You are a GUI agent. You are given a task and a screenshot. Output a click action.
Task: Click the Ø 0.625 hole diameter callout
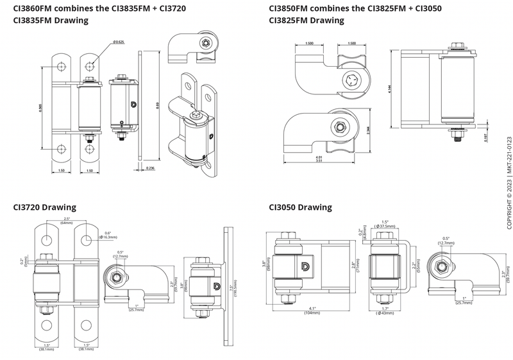[118, 42]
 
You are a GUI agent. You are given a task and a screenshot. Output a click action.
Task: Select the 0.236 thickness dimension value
[150, 168]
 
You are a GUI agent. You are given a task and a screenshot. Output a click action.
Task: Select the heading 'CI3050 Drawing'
[300, 207]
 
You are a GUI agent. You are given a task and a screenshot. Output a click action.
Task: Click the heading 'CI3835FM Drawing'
[51, 21]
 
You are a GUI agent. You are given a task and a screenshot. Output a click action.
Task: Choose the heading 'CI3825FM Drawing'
[307, 21]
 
